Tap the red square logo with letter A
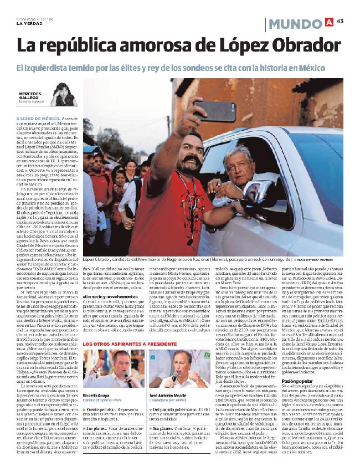click(x=329, y=22)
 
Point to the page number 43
click(x=341, y=22)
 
